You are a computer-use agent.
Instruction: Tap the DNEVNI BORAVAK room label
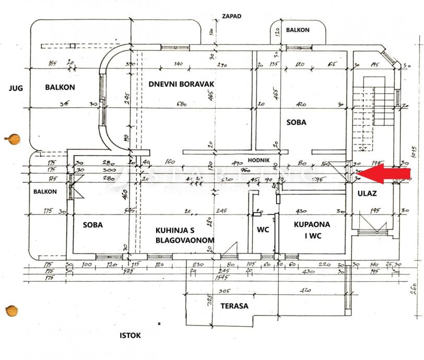click(x=181, y=83)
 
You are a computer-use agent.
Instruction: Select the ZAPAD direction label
click(x=231, y=16)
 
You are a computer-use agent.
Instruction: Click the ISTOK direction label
click(x=131, y=335)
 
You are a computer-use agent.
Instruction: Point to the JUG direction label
click(x=16, y=88)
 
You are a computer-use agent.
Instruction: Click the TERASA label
click(x=233, y=306)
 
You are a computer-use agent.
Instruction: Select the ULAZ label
click(x=368, y=194)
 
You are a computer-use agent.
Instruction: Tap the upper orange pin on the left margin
click(x=13, y=139)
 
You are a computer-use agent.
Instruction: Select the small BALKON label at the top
click(x=298, y=30)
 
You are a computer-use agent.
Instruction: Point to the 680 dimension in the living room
click(x=182, y=104)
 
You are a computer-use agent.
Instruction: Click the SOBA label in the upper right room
click(x=296, y=123)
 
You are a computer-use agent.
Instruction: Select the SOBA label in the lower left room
click(x=93, y=225)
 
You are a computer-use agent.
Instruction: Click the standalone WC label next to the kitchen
click(x=263, y=230)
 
